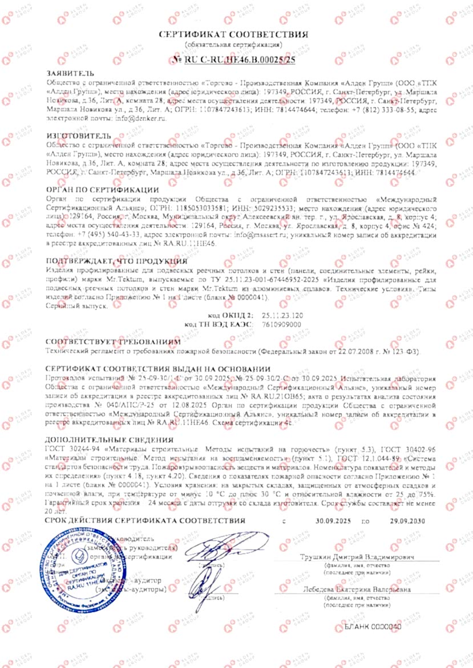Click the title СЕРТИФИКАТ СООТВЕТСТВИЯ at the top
(234, 34)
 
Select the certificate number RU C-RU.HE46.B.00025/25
(238, 59)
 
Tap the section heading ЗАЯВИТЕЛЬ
(68, 74)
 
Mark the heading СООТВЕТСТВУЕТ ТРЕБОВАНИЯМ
(112, 341)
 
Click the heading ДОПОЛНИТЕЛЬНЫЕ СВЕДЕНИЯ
(108, 423)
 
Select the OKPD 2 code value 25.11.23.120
(282, 315)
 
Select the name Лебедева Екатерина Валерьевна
(357, 590)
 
